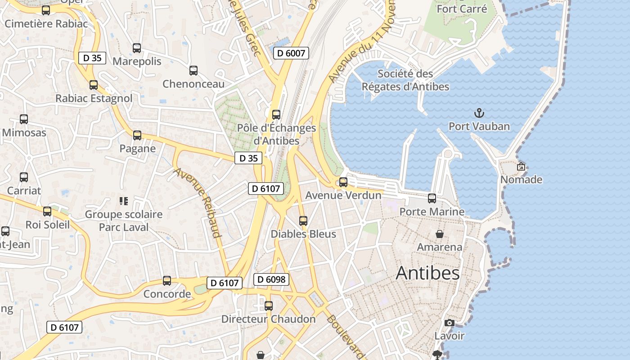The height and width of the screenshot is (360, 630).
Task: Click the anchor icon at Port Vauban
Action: click(479, 113)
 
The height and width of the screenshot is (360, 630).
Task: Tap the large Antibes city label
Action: click(427, 273)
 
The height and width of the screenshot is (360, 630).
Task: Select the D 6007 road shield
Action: click(291, 53)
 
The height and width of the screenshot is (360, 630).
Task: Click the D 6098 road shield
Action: click(271, 279)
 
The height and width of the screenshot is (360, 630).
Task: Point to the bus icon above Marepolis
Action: click(137, 48)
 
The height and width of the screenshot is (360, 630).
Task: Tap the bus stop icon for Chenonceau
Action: click(193, 70)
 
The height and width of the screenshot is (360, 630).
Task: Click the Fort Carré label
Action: click(462, 9)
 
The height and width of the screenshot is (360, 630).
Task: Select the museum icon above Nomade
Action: click(521, 166)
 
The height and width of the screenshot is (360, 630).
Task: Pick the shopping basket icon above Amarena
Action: click(439, 234)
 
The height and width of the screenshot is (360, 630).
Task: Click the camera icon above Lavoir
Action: click(449, 323)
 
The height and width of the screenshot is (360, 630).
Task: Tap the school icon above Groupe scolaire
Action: click(124, 201)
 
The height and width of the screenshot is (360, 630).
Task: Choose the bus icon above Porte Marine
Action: click(432, 198)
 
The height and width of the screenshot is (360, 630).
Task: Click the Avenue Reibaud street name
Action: click(198, 202)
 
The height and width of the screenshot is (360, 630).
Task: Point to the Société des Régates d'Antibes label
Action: click(405, 80)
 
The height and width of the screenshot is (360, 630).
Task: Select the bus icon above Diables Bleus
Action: click(303, 220)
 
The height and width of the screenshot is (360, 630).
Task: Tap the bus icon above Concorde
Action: click(167, 281)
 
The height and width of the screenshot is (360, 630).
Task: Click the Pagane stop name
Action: click(137, 148)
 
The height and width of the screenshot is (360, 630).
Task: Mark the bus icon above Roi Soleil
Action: click(47, 211)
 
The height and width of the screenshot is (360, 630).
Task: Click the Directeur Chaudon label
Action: click(268, 319)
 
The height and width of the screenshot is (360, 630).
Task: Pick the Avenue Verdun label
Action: click(343, 196)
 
